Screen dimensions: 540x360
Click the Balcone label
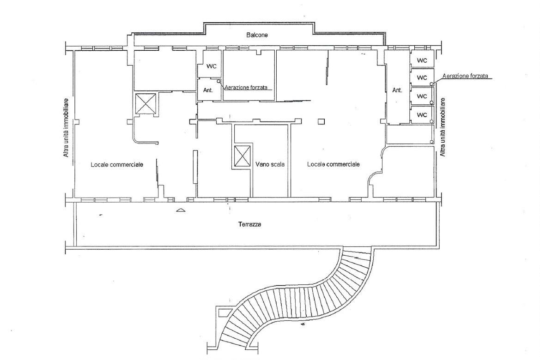click(257, 35)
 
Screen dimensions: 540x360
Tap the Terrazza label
click(250, 224)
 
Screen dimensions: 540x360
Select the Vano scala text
click(270, 164)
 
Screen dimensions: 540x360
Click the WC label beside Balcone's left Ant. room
click(212, 66)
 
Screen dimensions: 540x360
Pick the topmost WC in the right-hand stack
click(422, 60)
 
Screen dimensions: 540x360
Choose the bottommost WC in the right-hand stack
click(422, 114)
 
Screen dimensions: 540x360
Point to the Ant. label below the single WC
click(208, 90)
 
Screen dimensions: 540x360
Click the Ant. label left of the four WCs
click(397, 90)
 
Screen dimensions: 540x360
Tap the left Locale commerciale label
click(117, 164)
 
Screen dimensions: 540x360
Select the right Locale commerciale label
click(334, 164)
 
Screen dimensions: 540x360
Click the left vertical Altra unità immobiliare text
click(66, 128)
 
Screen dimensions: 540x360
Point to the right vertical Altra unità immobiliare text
click(443, 127)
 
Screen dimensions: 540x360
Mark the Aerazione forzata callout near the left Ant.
click(246, 87)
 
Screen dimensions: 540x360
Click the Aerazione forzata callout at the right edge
click(465, 76)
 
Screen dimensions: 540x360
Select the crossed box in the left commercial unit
click(146, 103)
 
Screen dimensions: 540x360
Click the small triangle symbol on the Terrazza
click(181, 210)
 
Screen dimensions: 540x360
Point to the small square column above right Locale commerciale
click(322, 121)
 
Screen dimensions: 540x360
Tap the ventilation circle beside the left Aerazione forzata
click(219, 81)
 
